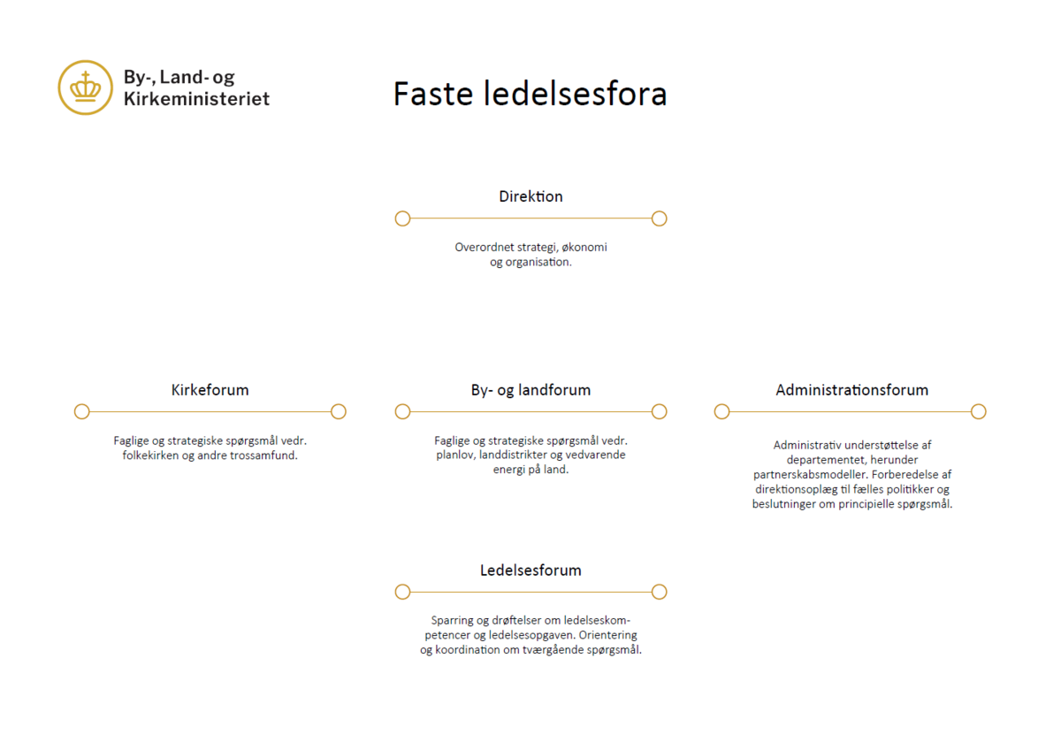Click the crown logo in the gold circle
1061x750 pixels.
85,88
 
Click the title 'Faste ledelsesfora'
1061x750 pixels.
530,94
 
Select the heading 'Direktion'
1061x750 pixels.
530,196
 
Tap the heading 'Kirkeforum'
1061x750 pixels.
210,390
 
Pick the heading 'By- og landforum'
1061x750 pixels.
530,390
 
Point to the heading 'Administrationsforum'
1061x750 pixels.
851,390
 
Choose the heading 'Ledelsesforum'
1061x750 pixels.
530,570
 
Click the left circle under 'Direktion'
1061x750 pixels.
402,218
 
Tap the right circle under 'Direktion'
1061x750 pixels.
659,218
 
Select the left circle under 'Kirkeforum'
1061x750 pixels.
82,412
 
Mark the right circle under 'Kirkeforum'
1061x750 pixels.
338,412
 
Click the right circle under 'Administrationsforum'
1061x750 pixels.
978,412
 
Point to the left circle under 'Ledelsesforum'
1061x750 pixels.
402,592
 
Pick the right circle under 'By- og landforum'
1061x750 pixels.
659,412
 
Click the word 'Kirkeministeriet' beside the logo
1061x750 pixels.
196,98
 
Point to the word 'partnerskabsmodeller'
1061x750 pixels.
811,474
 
